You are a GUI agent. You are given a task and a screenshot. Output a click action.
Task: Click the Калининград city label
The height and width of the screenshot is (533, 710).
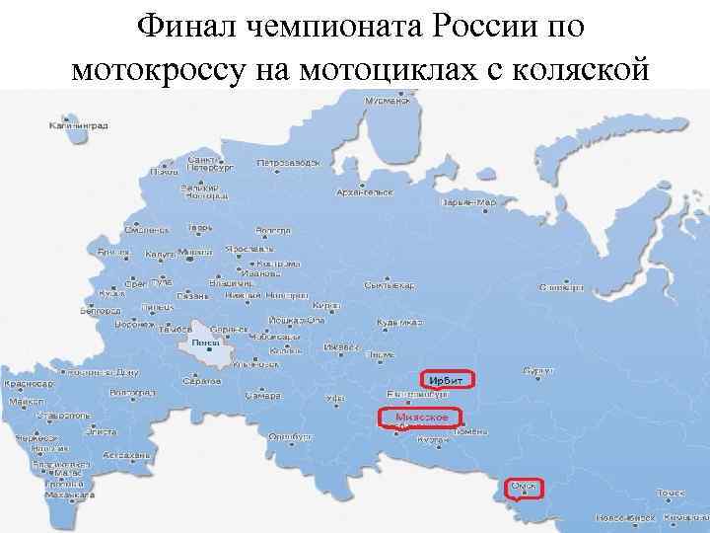(x=82, y=126)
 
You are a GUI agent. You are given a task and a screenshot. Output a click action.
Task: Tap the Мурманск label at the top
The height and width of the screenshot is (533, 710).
(x=387, y=101)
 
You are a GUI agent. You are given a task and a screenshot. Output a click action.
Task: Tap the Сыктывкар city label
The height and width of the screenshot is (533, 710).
(x=389, y=285)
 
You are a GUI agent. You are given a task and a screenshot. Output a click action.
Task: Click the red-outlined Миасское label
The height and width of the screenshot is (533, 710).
(x=422, y=418)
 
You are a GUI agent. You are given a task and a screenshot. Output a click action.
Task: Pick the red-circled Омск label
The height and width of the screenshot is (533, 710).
(x=524, y=487)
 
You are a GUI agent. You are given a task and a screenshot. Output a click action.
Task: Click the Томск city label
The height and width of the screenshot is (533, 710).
(x=671, y=492)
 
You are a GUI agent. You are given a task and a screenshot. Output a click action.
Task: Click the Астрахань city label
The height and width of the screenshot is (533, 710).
(x=127, y=455)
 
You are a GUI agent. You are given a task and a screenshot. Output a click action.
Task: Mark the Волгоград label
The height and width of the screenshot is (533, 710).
(x=132, y=393)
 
